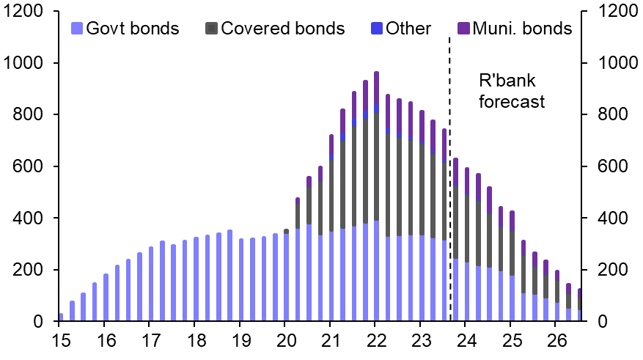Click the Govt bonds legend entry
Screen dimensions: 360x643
tap(125, 29)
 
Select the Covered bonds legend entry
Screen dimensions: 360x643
tap(275, 29)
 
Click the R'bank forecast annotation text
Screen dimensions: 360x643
tap(512, 90)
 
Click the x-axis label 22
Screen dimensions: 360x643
tap(375, 341)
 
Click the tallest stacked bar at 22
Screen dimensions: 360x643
tap(376, 198)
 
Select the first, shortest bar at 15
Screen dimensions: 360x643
tap(60, 317)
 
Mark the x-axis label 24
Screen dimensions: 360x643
tap(466, 341)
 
